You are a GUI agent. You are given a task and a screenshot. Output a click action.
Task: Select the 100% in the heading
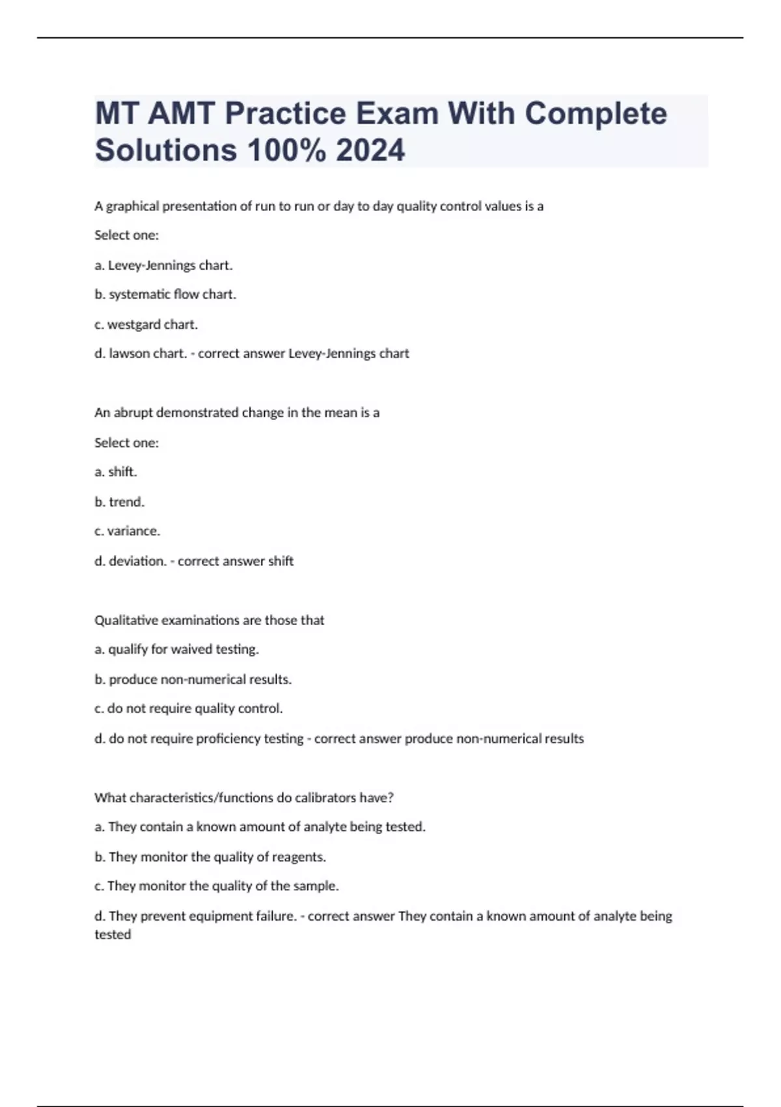pyautogui.click(x=286, y=150)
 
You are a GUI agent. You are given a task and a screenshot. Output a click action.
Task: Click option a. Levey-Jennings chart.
pyautogui.click(x=163, y=265)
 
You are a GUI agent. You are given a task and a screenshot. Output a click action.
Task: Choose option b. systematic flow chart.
pyautogui.click(x=165, y=294)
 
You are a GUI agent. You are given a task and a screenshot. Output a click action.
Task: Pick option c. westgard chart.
pyautogui.click(x=146, y=324)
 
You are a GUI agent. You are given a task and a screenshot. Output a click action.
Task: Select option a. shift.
pyautogui.click(x=116, y=471)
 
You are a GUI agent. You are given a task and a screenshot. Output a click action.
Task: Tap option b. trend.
pyautogui.click(x=120, y=501)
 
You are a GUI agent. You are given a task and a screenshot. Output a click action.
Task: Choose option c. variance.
pyautogui.click(x=127, y=531)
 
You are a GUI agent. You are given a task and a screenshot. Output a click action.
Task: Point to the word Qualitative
pyautogui.click(x=126, y=620)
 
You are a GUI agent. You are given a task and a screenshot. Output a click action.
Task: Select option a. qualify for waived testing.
pyautogui.click(x=176, y=649)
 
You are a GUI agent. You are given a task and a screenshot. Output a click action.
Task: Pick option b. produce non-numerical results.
pyautogui.click(x=193, y=679)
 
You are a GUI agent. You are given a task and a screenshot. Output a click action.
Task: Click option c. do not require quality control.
pyautogui.click(x=188, y=708)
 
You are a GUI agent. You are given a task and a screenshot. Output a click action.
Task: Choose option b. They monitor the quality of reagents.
pyautogui.click(x=210, y=857)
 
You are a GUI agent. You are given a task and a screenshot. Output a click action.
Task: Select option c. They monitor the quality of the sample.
pyautogui.click(x=217, y=886)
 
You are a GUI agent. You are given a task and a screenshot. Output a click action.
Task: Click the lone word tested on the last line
pyautogui.click(x=113, y=934)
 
